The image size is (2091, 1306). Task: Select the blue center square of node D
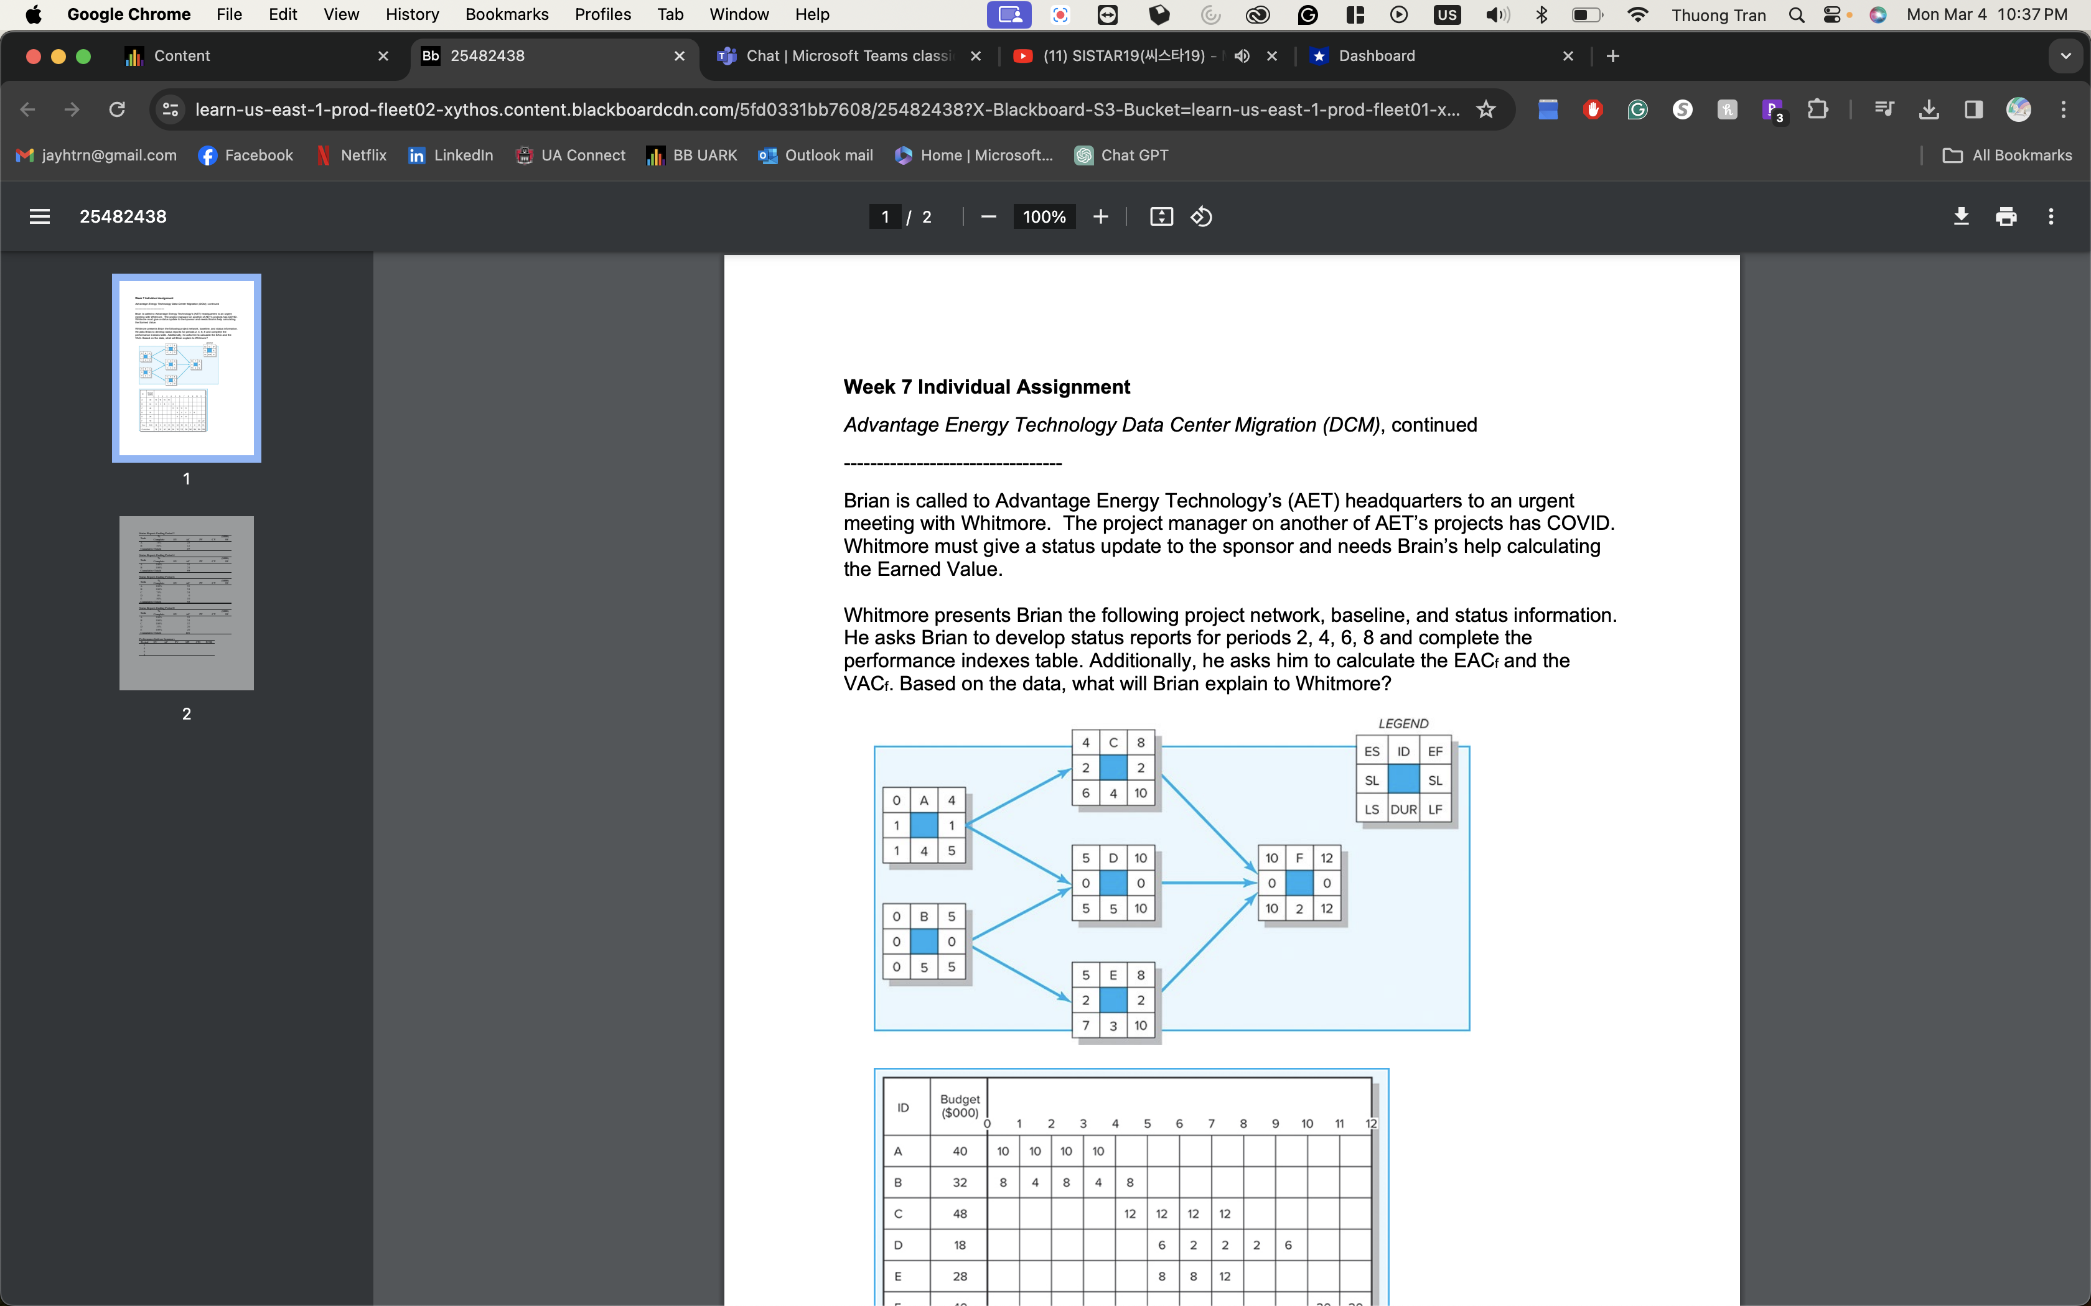point(1113,882)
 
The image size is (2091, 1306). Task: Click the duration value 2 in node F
point(1299,909)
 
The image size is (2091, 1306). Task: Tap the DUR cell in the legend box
point(1403,809)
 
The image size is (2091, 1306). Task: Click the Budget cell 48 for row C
point(959,1213)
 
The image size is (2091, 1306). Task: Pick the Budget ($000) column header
point(959,1106)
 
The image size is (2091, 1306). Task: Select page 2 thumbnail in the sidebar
point(187,603)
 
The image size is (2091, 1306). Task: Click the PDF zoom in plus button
point(1100,217)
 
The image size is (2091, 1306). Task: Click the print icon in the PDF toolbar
point(2006,217)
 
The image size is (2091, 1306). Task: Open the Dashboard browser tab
point(1377,56)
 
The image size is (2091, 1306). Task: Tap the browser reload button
point(116,109)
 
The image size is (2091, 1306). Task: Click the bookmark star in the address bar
point(1485,109)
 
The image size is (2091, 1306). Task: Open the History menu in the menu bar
point(412,15)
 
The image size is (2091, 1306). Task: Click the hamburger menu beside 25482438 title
point(40,217)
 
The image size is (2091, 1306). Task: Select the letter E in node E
point(1113,975)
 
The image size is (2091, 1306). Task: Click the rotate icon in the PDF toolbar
point(1202,217)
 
